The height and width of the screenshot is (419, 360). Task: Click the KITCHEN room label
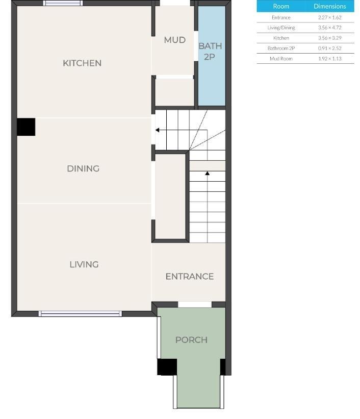click(x=82, y=63)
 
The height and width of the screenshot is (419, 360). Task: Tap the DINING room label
click(x=83, y=168)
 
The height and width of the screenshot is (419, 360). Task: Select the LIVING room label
click(x=84, y=264)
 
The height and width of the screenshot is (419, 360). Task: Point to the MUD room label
click(x=174, y=40)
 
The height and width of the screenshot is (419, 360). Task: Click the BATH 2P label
click(x=210, y=52)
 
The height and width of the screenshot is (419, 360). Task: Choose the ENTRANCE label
click(x=189, y=277)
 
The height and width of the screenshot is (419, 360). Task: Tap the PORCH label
click(x=191, y=340)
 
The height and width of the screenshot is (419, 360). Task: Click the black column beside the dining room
click(x=26, y=127)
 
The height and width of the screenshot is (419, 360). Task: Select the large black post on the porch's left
click(x=167, y=367)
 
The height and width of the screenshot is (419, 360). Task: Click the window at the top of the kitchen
click(x=63, y=3)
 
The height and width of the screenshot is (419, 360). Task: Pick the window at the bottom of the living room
click(x=81, y=314)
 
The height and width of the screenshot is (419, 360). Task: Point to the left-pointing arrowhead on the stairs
click(x=158, y=130)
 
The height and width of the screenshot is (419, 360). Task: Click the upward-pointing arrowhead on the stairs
click(x=208, y=174)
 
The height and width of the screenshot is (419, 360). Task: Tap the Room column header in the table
click(x=281, y=6)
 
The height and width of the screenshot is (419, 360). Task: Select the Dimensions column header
click(x=329, y=6)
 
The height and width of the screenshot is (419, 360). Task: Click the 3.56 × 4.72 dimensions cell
click(x=329, y=28)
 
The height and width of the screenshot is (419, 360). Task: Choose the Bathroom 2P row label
click(x=281, y=48)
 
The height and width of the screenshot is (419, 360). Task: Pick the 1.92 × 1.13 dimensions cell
click(x=329, y=59)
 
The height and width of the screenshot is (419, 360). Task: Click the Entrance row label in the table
click(x=281, y=17)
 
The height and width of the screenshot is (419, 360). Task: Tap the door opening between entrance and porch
click(x=195, y=305)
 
